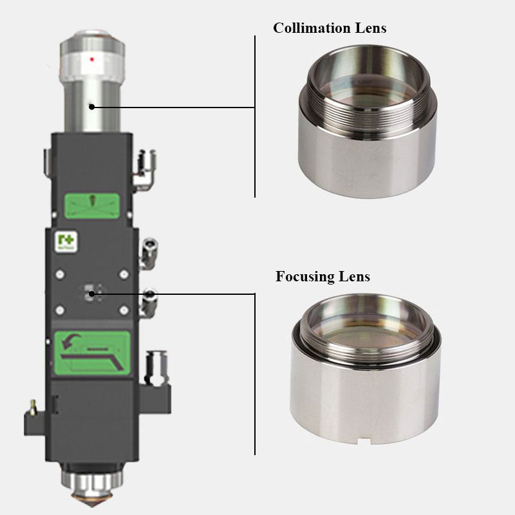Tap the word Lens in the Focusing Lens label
(x=355, y=277)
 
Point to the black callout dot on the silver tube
(x=92, y=106)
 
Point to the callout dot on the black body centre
(x=92, y=294)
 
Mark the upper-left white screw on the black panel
(x=60, y=274)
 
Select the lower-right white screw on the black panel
(x=123, y=310)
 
